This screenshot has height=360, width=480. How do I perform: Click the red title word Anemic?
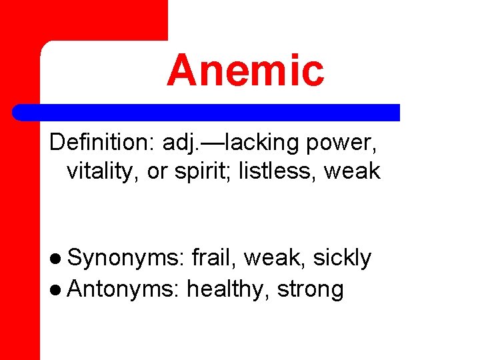[245, 71]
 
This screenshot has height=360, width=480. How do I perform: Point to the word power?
[353, 143]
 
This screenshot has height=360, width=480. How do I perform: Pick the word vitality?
[103, 171]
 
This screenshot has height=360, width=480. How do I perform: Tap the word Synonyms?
[125, 258]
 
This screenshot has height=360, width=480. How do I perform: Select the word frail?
[214, 257]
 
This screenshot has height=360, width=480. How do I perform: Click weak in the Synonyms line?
[271, 257]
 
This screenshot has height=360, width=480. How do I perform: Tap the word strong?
[311, 289]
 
